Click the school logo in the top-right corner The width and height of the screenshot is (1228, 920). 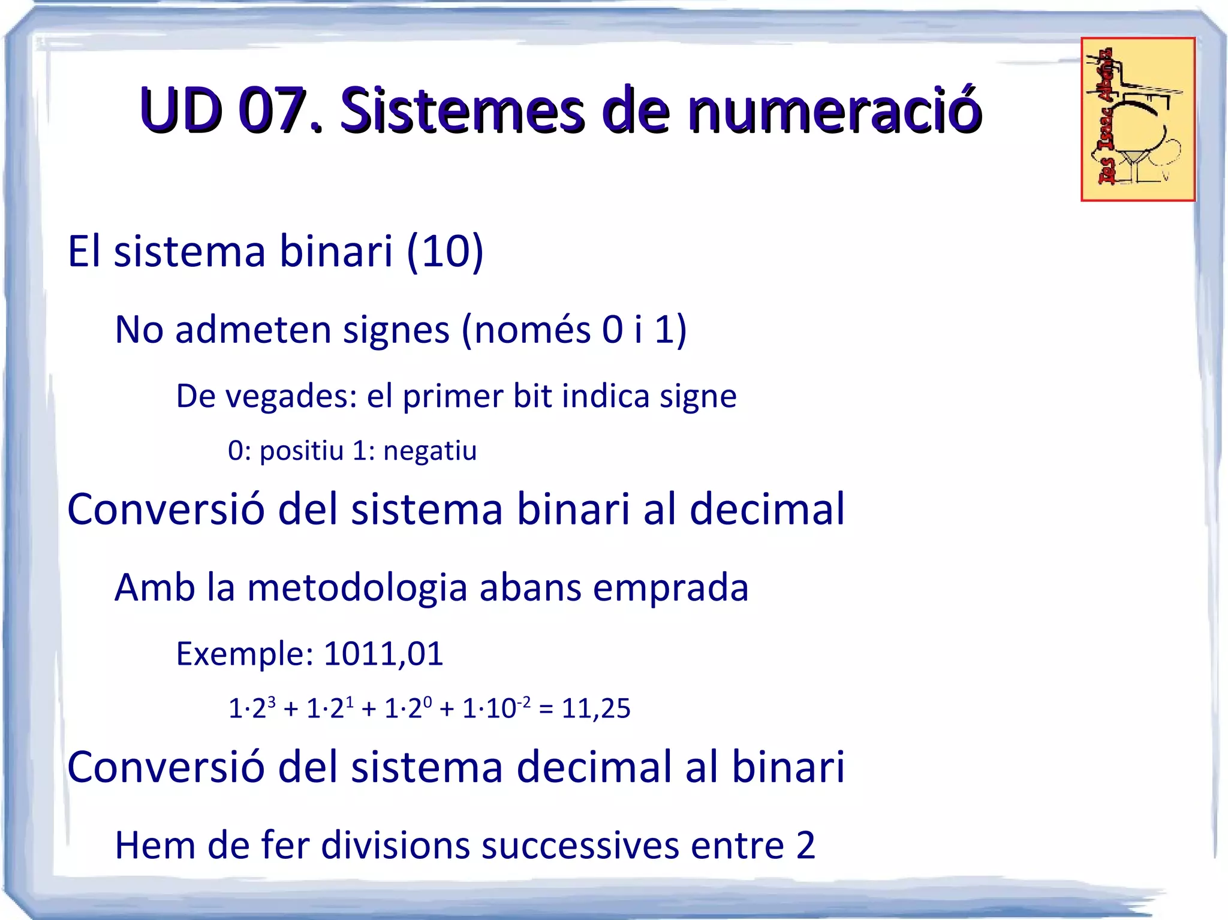1137,119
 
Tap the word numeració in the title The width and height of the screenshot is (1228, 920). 834,110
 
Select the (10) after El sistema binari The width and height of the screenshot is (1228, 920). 445,251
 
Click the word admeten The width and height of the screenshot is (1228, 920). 253,330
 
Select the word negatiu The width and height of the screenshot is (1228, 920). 430,451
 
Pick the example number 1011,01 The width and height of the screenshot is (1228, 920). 383,653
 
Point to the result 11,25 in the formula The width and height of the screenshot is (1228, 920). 596,708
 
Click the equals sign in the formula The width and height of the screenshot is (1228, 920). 546,708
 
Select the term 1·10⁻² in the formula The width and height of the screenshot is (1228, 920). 496,708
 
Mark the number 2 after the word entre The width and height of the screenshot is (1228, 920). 806,846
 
